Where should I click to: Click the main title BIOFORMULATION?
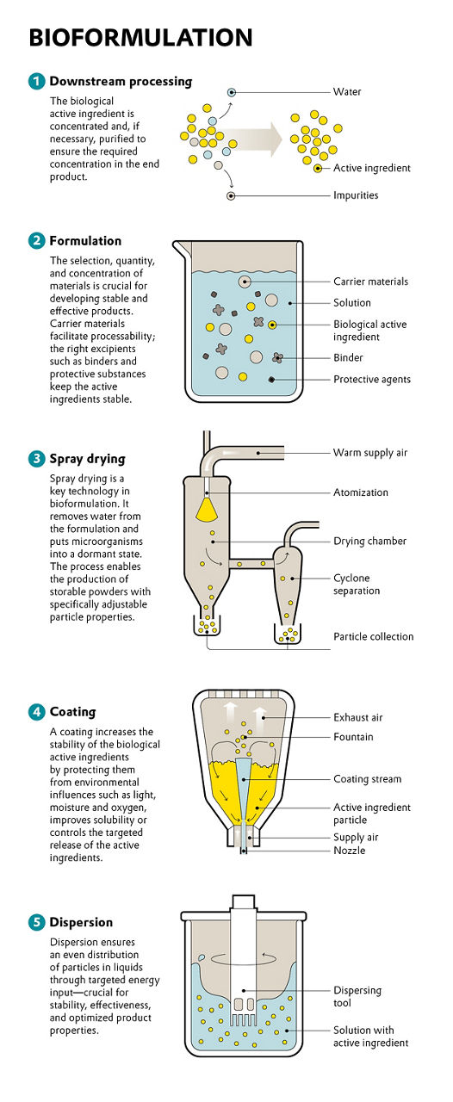tap(140, 37)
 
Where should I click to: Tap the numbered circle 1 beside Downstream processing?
tap(36, 82)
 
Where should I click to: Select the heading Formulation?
tap(85, 241)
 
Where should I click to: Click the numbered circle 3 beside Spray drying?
tap(36, 459)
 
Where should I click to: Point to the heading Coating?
tap(72, 712)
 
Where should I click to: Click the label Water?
tap(347, 92)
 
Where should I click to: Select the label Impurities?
tap(356, 195)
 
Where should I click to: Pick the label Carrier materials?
tap(370, 282)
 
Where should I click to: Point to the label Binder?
tap(348, 358)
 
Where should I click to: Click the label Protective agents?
tap(372, 380)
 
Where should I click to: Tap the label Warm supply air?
tap(370, 453)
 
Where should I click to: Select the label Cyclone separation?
tap(357, 585)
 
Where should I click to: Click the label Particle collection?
tap(374, 637)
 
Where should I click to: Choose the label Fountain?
tap(353, 737)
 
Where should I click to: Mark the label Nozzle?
tap(349, 851)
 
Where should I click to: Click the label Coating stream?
tap(367, 779)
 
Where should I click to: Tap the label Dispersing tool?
tap(357, 997)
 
